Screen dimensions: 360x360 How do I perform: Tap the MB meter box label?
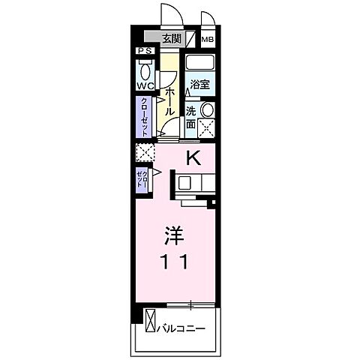tap(207, 39)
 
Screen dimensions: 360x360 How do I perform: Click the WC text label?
tap(145, 86)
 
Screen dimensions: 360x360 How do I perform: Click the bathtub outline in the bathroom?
tap(200, 63)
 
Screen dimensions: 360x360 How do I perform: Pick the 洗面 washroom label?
tap(192, 118)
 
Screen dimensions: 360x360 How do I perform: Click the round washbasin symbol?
tap(207, 109)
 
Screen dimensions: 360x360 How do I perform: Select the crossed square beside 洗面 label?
tap(207, 127)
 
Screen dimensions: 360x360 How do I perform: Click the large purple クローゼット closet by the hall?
tap(144, 118)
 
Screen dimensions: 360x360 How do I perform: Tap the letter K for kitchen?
tap(193, 158)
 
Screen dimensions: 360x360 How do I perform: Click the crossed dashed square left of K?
tap(144, 152)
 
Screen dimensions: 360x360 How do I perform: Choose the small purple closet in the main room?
tap(142, 179)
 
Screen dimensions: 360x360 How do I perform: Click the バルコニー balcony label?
tap(182, 328)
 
